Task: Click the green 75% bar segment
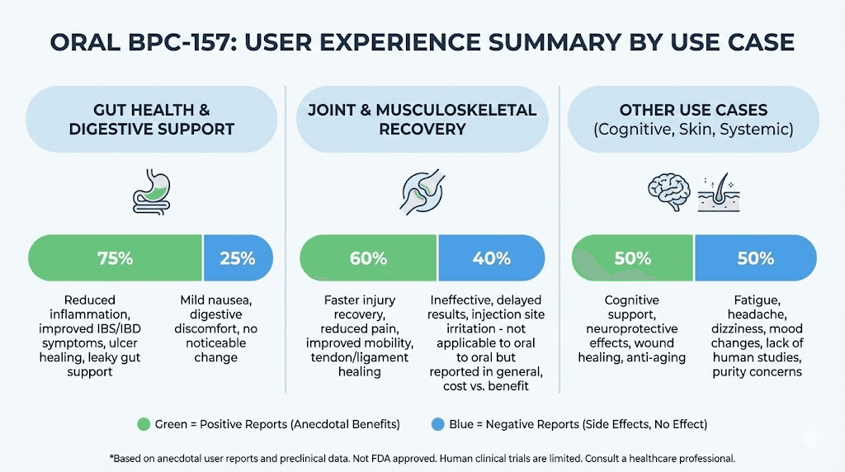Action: coord(116,258)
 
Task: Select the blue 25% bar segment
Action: coord(238,258)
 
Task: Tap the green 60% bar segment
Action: coord(368,258)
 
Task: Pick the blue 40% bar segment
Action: coord(491,258)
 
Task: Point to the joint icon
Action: coord(422,188)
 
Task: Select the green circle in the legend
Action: coord(144,424)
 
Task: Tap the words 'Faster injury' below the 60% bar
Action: coord(354,300)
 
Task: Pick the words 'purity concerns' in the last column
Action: coord(755,373)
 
